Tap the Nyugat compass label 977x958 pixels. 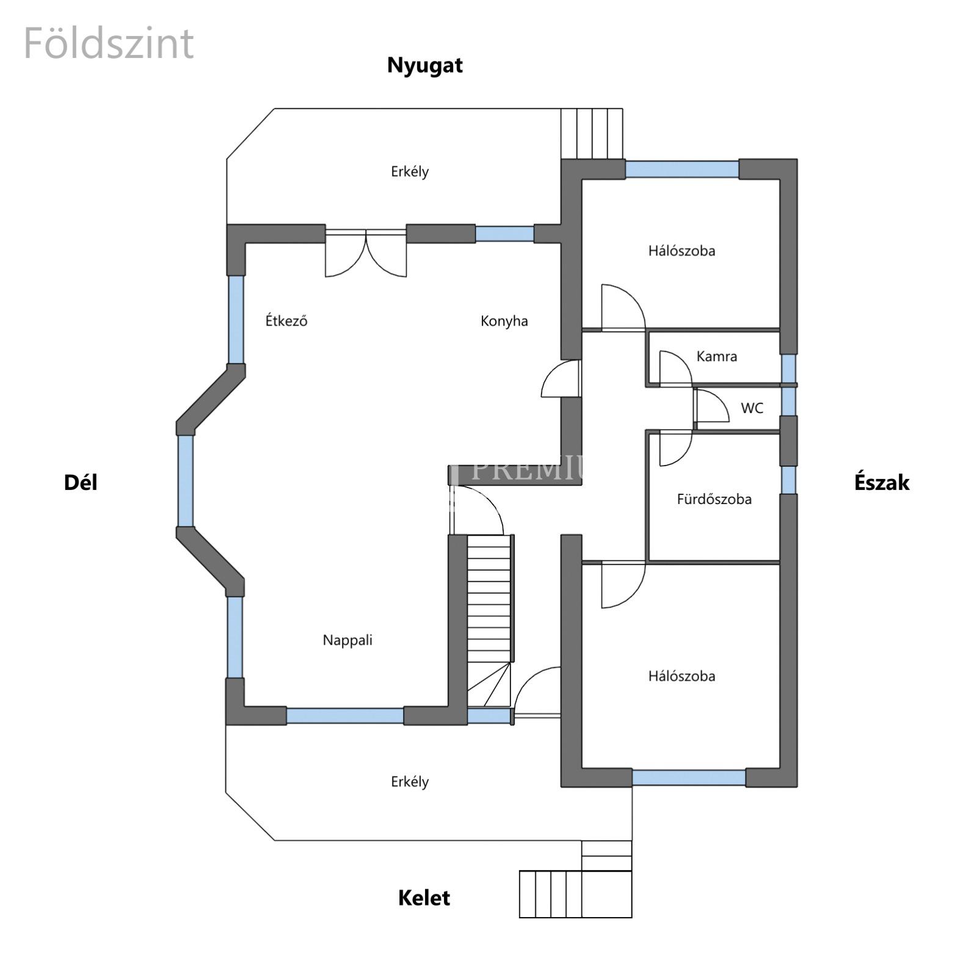pyautogui.click(x=425, y=65)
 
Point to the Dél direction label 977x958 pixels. pyautogui.click(x=81, y=483)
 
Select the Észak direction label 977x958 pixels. pyautogui.click(x=882, y=483)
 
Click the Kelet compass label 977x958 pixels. pyautogui.click(x=424, y=898)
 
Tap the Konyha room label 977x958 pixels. pyautogui.click(x=504, y=321)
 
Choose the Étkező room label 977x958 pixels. pyautogui.click(x=286, y=320)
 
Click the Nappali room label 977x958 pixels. pyautogui.click(x=347, y=640)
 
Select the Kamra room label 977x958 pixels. pyautogui.click(x=716, y=356)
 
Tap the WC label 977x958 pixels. pyautogui.click(x=752, y=408)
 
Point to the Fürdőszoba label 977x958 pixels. pyautogui.click(x=714, y=499)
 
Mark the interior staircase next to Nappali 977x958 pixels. pyautogui.click(x=489, y=621)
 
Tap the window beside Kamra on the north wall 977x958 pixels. pyautogui.click(x=788, y=368)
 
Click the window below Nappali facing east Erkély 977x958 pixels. pyautogui.click(x=345, y=715)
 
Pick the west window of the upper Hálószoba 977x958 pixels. pyautogui.click(x=682, y=169)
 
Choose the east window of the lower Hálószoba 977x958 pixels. pyautogui.click(x=689, y=778)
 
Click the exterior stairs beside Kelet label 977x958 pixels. pyautogui.click(x=576, y=893)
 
